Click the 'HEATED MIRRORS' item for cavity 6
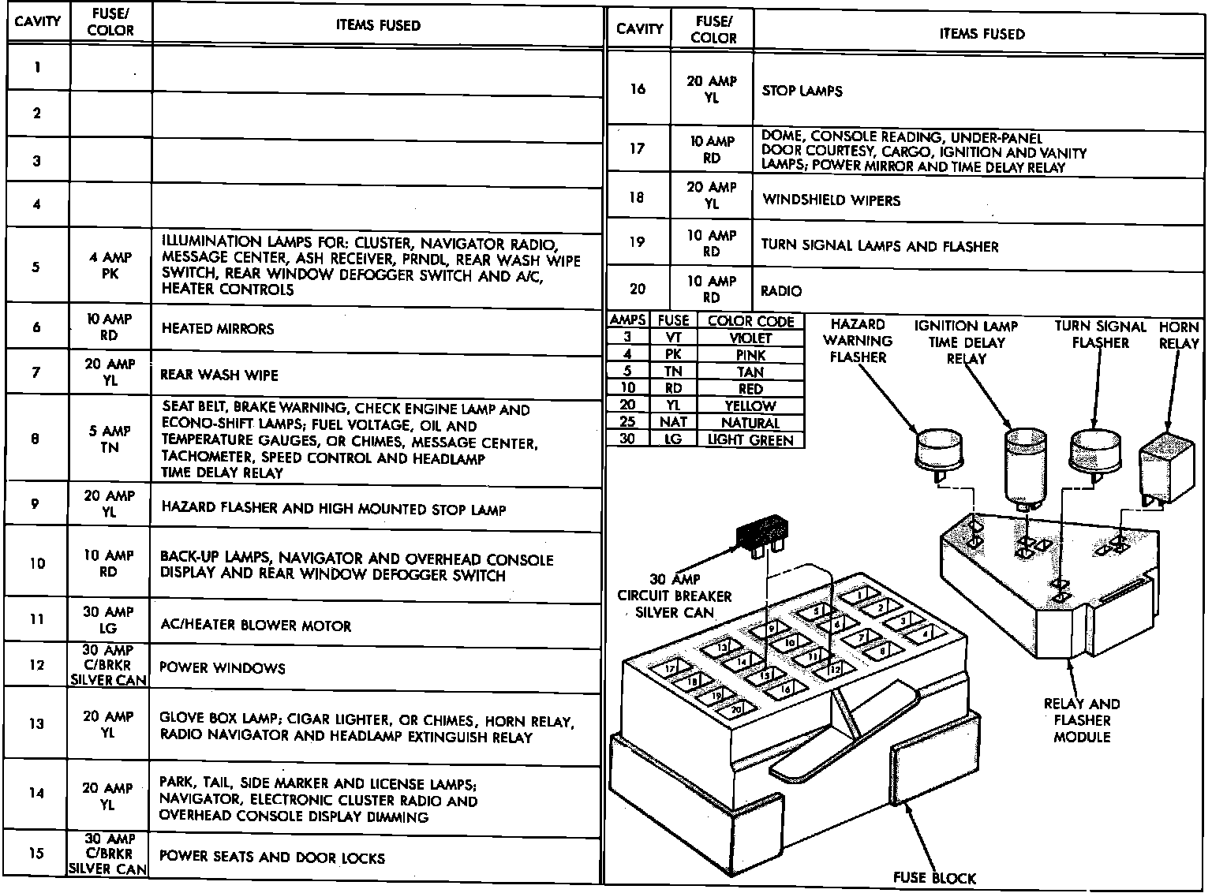pos(218,328)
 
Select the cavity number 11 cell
pos(37,619)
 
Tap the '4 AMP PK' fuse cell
pos(110,266)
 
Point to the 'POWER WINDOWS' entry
pos(222,668)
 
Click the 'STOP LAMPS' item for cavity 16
pos(802,91)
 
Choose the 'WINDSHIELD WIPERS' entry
pos(831,200)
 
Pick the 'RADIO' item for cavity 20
pos(781,291)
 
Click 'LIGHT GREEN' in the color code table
pos(750,440)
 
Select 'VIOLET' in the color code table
pos(750,338)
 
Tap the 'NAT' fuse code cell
pos(673,423)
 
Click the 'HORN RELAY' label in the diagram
pos(1179,335)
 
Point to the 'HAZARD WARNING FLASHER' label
pos(858,341)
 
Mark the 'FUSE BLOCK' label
pos(934,877)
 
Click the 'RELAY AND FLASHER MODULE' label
pos(1081,720)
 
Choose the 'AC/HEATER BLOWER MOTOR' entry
pos(256,626)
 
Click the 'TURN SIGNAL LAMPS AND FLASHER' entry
pos(879,245)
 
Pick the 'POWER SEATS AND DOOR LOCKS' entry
pos(271,857)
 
